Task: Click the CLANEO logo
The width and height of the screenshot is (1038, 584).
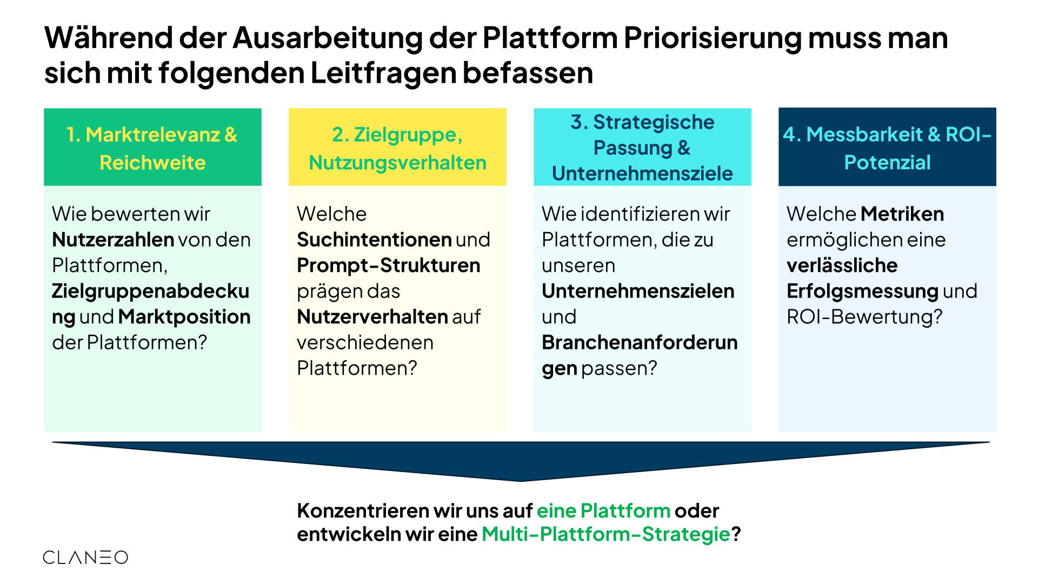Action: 85,558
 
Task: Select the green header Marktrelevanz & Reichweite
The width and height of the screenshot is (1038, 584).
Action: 152,147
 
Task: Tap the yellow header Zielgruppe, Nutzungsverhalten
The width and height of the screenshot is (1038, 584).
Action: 397,147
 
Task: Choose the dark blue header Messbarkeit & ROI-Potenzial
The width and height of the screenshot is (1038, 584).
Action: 887,147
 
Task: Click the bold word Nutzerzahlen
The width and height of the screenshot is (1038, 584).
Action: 113,240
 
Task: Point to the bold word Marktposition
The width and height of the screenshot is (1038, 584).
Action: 184,317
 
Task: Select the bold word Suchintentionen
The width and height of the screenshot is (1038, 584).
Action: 374,240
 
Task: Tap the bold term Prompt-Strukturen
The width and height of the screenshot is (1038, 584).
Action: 389,266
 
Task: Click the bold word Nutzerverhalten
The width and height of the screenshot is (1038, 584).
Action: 372,317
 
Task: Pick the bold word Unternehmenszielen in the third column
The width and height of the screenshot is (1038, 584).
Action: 638,291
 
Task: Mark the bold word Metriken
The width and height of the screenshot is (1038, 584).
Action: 902,214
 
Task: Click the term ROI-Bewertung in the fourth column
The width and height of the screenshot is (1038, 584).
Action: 864,317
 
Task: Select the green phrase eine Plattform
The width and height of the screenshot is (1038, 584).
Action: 603,510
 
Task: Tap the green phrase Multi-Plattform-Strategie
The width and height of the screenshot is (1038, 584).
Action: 606,534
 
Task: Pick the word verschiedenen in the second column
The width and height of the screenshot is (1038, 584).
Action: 365,343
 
